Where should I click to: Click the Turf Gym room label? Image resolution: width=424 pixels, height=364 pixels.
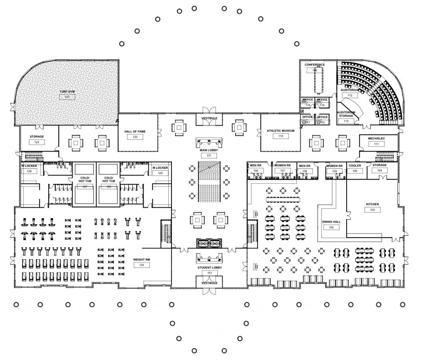click(x=68, y=92)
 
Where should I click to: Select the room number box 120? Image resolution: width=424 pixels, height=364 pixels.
click(x=135, y=137)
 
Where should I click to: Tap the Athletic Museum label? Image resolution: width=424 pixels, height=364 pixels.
click(x=281, y=131)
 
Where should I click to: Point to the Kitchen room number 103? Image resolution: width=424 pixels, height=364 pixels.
click(x=372, y=210)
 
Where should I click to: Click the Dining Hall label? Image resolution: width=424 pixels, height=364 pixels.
click(x=331, y=222)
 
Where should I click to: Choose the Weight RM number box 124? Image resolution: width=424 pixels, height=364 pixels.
click(x=141, y=265)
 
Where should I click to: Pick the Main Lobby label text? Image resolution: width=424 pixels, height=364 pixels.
click(x=209, y=150)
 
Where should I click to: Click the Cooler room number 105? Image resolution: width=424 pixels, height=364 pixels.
click(x=355, y=171)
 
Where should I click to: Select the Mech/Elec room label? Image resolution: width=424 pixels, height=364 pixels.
click(x=376, y=138)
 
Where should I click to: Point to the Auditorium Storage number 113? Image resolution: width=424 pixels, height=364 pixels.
click(x=346, y=121)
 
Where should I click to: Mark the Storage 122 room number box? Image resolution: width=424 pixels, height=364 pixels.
click(x=37, y=142)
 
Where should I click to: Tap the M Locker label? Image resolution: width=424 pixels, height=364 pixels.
click(x=160, y=168)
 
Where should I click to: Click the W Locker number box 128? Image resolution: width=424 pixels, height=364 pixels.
click(x=29, y=171)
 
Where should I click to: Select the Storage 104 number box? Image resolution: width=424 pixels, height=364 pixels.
click(x=379, y=170)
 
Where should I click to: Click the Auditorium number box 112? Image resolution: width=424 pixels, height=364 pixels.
click(x=349, y=96)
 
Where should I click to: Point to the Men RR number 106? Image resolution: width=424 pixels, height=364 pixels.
click(x=255, y=171)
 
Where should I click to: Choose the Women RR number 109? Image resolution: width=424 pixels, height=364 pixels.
click(x=334, y=171)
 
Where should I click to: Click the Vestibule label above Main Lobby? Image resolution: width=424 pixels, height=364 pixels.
click(x=209, y=118)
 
